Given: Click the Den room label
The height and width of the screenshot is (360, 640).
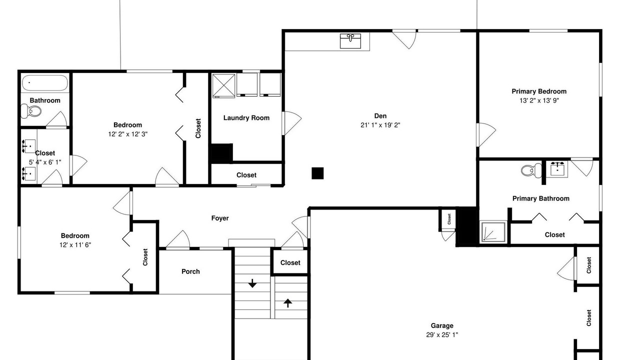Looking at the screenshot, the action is coord(380,116).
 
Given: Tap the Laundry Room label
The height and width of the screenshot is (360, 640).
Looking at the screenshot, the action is coord(246,118).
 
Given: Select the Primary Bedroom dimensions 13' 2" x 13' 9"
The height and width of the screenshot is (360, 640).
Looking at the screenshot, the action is coord(539,100).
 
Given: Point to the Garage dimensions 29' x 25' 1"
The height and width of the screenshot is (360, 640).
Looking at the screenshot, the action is coord(442,335).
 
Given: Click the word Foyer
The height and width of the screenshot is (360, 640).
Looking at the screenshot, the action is coord(220,218).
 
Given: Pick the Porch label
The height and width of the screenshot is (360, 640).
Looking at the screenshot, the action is coord(190,271).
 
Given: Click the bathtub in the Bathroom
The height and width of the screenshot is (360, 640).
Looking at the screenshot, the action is coord(45,83).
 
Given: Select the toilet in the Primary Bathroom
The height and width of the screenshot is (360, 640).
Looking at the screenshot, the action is coord(531,170).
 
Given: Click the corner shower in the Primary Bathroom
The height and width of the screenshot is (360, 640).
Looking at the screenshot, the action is coord(493,231).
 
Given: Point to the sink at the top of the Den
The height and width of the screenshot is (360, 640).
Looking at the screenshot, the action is coord(350,41).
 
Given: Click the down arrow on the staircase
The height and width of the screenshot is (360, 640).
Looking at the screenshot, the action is coord(252,283).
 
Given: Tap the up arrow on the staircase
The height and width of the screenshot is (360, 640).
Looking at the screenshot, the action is coord(287,303).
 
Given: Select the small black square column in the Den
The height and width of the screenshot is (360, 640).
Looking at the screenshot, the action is coord(317,173).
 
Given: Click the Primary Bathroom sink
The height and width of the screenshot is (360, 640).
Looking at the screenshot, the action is coord(557,169).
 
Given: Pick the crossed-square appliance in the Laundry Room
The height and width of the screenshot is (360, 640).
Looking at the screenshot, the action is coord(223,85).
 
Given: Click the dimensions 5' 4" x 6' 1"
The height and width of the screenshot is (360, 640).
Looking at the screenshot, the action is coord(45,162).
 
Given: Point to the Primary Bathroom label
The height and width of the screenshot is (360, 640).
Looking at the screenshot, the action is coord(541,198).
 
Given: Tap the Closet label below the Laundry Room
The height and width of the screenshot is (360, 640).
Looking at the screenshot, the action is coord(246,175).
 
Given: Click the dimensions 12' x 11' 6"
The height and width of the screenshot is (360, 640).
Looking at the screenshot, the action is coord(75,245).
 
